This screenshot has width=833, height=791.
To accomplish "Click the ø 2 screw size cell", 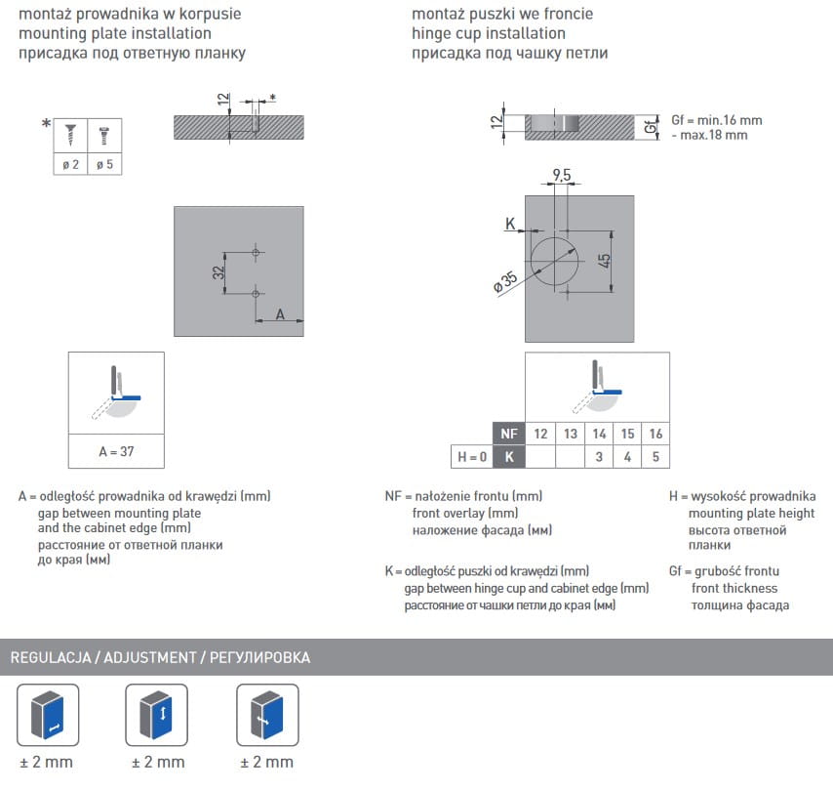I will pos(70,164).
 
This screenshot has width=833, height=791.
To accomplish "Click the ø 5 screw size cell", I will pos(104,164).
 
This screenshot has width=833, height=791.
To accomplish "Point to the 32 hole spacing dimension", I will pos(219,272).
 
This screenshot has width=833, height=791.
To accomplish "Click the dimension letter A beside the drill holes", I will pos(280,313).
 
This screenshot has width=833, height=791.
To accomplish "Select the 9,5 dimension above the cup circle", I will pos(562,175).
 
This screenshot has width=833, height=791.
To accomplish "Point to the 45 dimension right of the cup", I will pos(605,261).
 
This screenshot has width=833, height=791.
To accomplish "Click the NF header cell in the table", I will pos(507,434).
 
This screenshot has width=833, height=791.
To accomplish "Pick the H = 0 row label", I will pos(472,456).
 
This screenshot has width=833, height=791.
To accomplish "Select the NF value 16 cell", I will pos(654,434).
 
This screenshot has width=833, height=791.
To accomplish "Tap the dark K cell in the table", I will pos(507,456).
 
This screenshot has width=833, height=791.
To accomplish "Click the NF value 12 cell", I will pos(541,434).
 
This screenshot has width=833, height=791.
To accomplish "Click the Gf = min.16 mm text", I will pos(716,120).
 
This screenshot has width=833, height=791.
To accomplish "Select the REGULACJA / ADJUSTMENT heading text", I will pos(160,657).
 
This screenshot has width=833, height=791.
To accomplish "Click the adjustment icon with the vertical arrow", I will pos(157,715).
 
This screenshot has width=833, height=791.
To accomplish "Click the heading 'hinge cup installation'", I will pos(488,33).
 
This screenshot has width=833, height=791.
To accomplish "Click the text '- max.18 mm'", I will pos(709,135).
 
